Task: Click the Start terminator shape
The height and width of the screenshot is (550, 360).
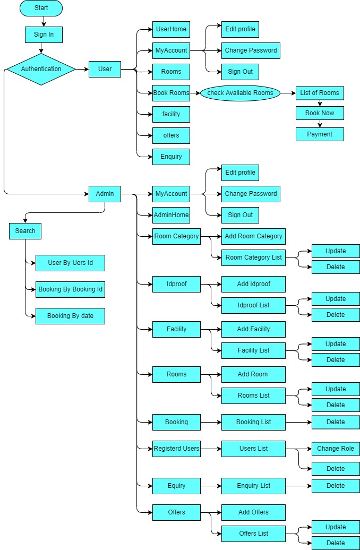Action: [x=41, y=8]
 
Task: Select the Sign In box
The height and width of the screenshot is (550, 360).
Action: [x=44, y=35]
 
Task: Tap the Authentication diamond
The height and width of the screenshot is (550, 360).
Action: [x=41, y=69]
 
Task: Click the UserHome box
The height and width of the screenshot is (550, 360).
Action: [x=171, y=29]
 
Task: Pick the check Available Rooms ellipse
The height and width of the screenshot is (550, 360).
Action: [x=240, y=93]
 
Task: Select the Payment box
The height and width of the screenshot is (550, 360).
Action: [x=320, y=134]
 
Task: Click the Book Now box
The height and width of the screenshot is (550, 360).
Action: [x=320, y=113]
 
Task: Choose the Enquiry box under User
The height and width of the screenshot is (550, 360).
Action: [x=171, y=157]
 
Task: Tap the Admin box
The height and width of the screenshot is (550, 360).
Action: [x=105, y=194]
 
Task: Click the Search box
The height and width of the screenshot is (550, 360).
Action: [x=25, y=231]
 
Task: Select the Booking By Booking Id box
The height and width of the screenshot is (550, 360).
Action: [x=70, y=289]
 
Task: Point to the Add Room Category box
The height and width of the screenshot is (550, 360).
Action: [x=253, y=236]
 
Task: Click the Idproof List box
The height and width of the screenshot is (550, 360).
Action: [x=253, y=305]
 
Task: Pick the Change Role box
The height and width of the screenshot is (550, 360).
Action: [x=336, y=449]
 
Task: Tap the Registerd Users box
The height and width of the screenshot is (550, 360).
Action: [x=176, y=449]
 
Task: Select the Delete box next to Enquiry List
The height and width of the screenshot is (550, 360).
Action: [x=336, y=486]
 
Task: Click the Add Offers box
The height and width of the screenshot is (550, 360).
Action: [x=253, y=512]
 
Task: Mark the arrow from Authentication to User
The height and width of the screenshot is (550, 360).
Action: [x=82, y=69]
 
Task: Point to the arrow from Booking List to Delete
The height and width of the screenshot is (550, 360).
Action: [x=298, y=422]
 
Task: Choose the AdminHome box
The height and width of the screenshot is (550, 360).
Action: [x=171, y=215]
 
